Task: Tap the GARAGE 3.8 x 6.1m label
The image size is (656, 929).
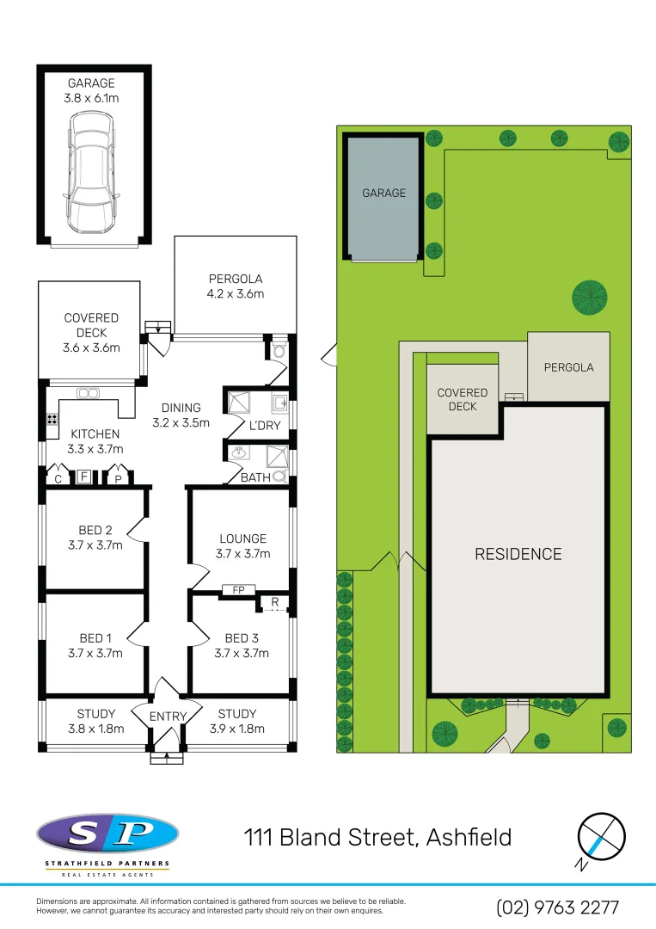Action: [x=91, y=91]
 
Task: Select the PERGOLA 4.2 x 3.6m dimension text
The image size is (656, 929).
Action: [x=236, y=286]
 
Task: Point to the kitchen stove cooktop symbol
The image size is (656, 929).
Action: [x=52, y=421]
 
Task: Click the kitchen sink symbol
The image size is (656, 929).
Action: [x=88, y=393]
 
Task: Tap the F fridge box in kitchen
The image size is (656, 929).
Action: [x=84, y=476]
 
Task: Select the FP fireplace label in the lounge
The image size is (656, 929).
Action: [x=237, y=590]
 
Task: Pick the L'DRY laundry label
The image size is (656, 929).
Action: [x=265, y=425]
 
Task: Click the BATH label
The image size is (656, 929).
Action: [x=255, y=477]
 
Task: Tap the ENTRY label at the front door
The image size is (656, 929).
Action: [x=168, y=717]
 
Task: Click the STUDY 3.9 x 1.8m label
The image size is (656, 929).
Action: [x=237, y=721]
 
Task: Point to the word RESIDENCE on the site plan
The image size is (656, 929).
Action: [x=518, y=554]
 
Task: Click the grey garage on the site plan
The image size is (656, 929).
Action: [x=383, y=196]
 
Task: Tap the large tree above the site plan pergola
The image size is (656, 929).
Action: [x=590, y=298]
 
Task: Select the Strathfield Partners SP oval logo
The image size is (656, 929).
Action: [x=107, y=832]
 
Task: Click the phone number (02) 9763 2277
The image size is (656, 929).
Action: [x=557, y=907]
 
